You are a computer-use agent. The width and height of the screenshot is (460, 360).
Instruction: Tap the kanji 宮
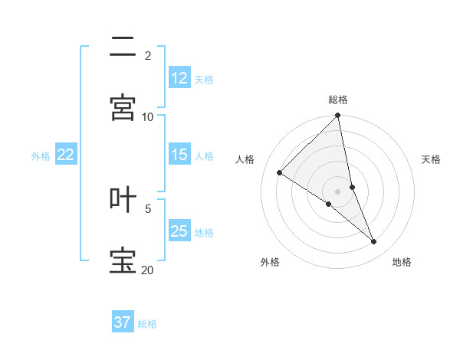123,108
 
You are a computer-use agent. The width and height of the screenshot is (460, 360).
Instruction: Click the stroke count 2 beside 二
148,56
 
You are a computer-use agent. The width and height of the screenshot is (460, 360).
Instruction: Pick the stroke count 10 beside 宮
148,116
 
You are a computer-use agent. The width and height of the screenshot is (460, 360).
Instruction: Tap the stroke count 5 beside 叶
148,208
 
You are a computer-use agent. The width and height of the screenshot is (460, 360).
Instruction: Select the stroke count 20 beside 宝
148,270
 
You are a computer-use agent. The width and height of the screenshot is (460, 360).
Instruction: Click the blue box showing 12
179,78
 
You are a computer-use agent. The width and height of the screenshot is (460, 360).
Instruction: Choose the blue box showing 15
179,155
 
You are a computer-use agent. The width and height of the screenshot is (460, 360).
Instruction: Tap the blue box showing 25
179,231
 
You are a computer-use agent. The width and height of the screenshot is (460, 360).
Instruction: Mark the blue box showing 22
66,155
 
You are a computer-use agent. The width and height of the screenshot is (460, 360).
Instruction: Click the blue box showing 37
123,322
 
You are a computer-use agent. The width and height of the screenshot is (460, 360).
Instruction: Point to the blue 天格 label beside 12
204,79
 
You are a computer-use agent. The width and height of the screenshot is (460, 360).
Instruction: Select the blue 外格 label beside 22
41,155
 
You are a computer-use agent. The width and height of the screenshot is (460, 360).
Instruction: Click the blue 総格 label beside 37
147,323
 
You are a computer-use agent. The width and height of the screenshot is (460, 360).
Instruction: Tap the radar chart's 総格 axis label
338,100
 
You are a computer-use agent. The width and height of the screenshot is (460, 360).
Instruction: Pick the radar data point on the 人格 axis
280,173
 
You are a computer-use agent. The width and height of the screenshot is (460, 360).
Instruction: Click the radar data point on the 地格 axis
374,241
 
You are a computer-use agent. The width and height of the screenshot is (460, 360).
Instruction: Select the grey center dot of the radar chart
338,191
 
